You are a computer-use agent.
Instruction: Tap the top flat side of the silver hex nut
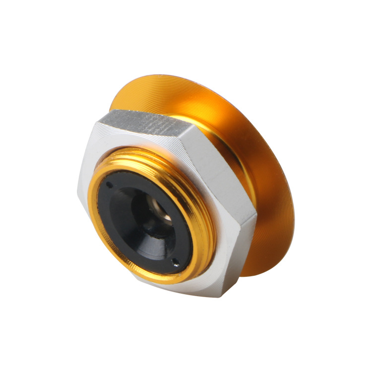pyautogui.click(x=144, y=124)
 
